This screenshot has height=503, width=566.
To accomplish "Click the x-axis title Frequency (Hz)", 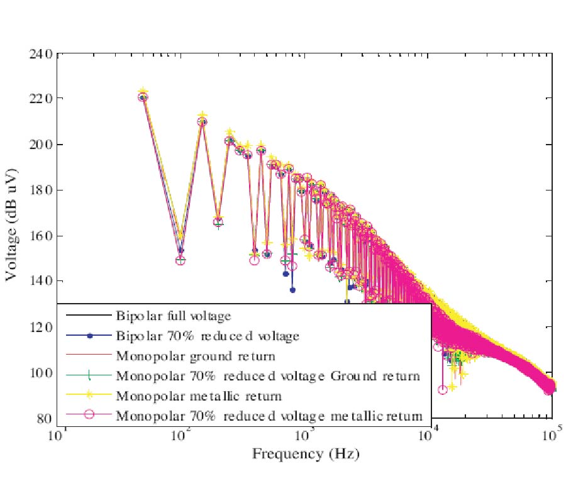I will pyautogui.click(x=305, y=453).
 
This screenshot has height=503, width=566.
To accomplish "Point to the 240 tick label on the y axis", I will pyautogui.click(x=41, y=54).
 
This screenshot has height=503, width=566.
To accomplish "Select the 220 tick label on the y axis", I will pyautogui.click(x=41, y=99).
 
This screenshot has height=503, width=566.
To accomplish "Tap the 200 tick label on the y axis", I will pyautogui.click(x=41, y=145).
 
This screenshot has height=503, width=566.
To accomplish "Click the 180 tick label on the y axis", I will pyautogui.click(x=41, y=191).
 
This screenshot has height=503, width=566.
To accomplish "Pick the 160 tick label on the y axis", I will pyautogui.click(x=41, y=236).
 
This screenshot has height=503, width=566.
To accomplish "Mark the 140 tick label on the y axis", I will pyautogui.click(x=41, y=282).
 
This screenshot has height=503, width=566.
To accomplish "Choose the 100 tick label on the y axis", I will pyautogui.click(x=41, y=373).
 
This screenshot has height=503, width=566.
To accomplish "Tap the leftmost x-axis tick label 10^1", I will pyautogui.click(x=59, y=435).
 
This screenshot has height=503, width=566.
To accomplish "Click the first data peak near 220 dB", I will pyautogui.click(x=143, y=96).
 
